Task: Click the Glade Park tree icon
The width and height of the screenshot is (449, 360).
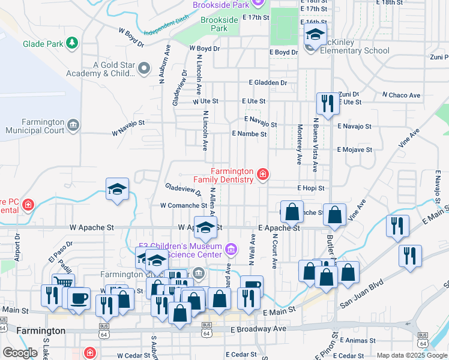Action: pyautogui.click(x=72, y=43)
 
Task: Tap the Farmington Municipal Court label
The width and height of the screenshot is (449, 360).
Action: pyautogui.click(x=35, y=125)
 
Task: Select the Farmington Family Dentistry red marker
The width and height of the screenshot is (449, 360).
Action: pyautogui.click(x=262, y=175)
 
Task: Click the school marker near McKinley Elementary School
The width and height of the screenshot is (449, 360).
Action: pyautogui.click(x=315, y=35)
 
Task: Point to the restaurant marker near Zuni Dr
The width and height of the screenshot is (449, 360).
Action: pyautogui.click(x=327, y=103)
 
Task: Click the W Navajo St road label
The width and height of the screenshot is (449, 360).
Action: pyautogui.click(x=127, y=123)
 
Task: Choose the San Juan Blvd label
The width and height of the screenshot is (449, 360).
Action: pyautogui.click(x=361, y=296)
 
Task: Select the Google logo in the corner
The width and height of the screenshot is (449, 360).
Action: pyautogui.click(x=20, y=353)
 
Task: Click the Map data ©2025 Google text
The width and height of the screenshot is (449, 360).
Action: pyautogui.click(x=411, y=355)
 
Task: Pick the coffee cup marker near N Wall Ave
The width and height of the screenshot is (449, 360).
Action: pyautogui.click(x=252, y=286)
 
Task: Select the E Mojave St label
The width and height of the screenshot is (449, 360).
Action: pyautogui.click(x=355, y=149)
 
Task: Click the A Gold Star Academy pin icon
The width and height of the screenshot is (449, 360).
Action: pyautogui.click(x=144, y=69)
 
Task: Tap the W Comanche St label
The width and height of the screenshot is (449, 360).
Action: pyautogui.click(x=183, y=205)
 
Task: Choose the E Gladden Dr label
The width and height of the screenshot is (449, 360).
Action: pyautogui.click(x=268, y=83)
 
